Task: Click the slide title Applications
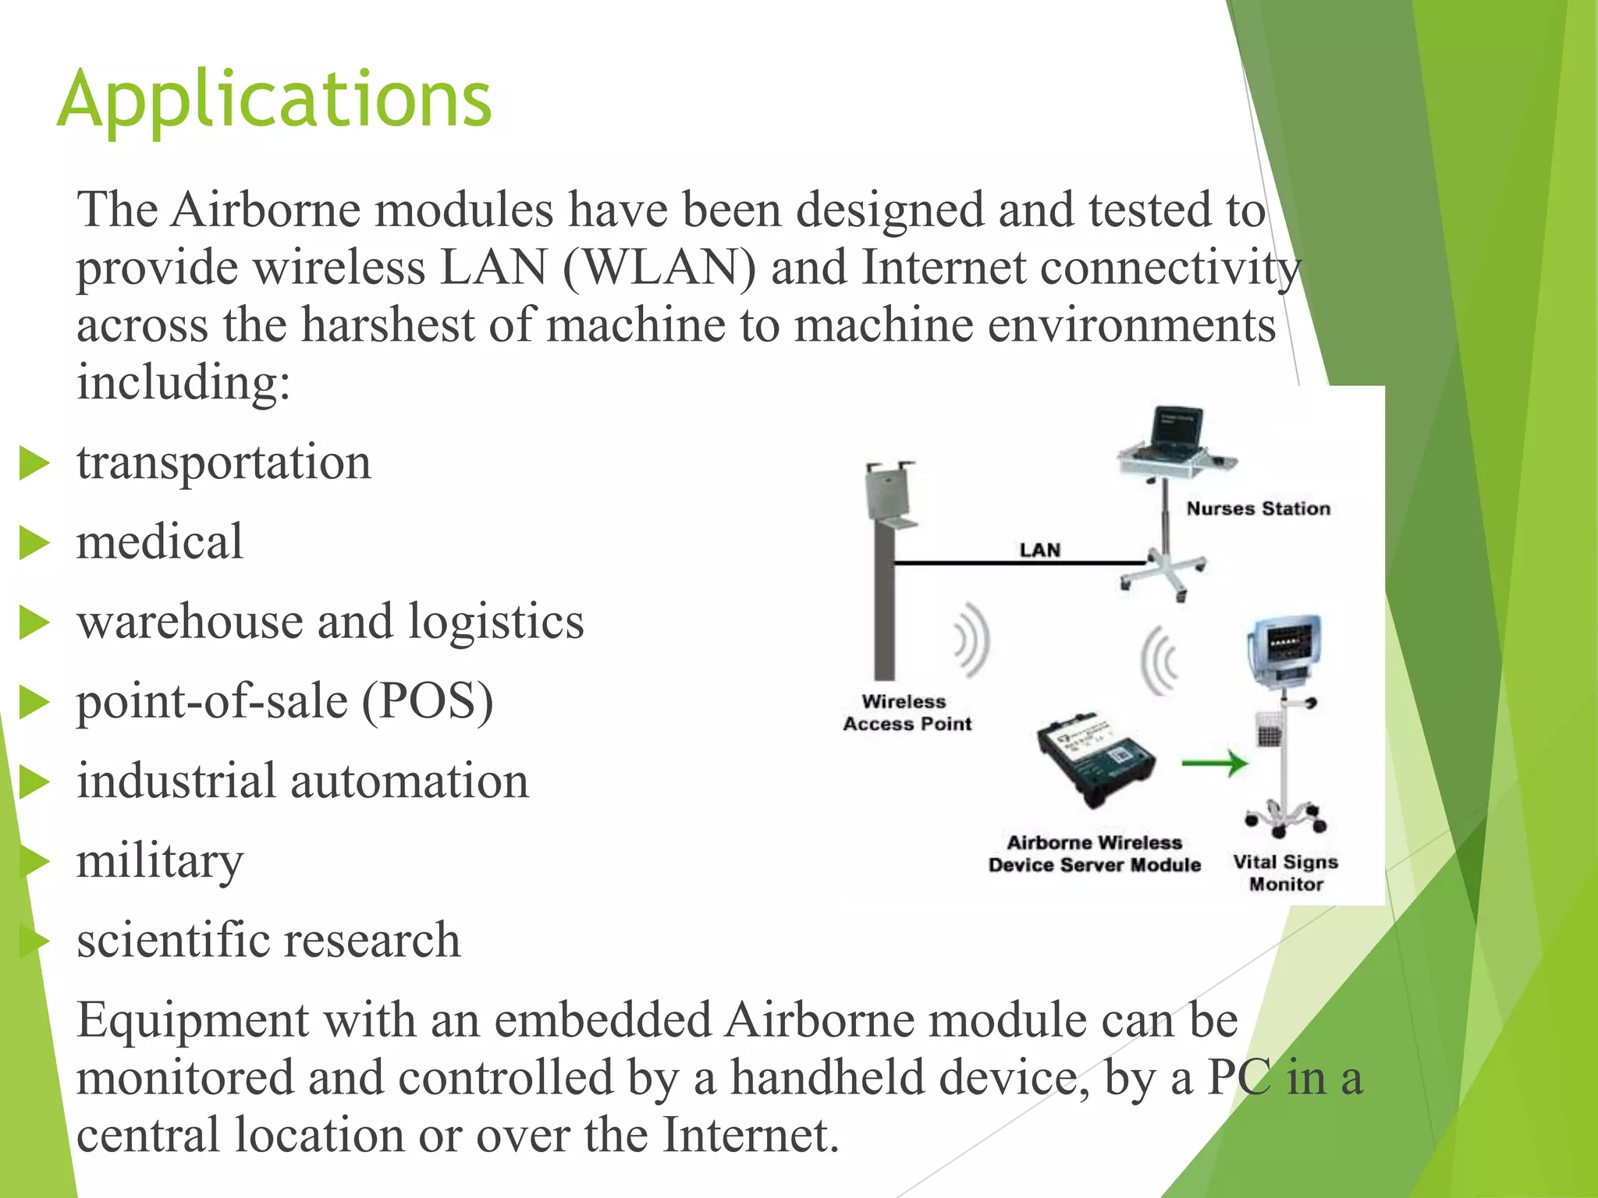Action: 274,100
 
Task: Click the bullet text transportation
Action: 224,462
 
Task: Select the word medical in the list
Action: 160,541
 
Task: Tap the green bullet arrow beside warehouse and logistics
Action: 34,622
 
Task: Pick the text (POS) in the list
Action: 428,700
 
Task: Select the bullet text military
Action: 160,861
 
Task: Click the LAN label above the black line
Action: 1039,550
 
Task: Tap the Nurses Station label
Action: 1258,509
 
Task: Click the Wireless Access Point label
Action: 907,713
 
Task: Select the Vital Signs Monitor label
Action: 1286,873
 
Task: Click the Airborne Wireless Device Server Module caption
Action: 1094,853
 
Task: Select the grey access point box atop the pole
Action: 890,491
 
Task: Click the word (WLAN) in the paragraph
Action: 659,268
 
